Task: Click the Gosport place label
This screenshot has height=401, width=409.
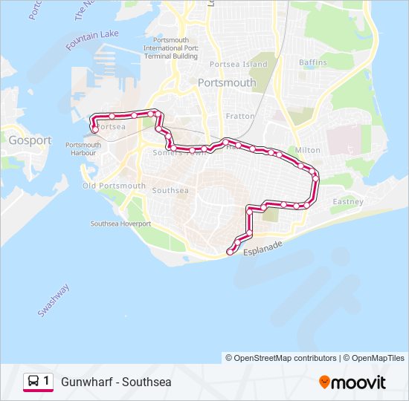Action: (x=30, y=140)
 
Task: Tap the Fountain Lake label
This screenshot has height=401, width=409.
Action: (x=92, y=39)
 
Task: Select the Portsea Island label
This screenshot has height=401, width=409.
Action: (x=239, y=65)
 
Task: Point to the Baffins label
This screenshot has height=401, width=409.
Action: (x=312, y=62)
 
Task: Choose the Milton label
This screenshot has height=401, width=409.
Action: (x=307, y=150)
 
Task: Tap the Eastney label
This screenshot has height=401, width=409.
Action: (x=348, y=202)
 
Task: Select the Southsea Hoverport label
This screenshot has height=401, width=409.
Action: (x=120, y=224)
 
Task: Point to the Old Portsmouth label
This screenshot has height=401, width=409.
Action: (x=114, y=186)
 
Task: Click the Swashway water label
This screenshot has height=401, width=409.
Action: (x=54, y=300)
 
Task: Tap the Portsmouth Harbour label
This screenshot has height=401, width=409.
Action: (x=83, y=149)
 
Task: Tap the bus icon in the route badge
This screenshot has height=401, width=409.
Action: (x=33, y=382)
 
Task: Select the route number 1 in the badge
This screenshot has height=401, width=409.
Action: (x=47, y=382)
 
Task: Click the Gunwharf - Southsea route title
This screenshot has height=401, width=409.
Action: (x=116, y=382)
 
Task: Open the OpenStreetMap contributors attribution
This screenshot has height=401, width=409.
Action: (x=281, y=358)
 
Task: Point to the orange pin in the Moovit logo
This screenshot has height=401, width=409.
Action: (x=324, y=382)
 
